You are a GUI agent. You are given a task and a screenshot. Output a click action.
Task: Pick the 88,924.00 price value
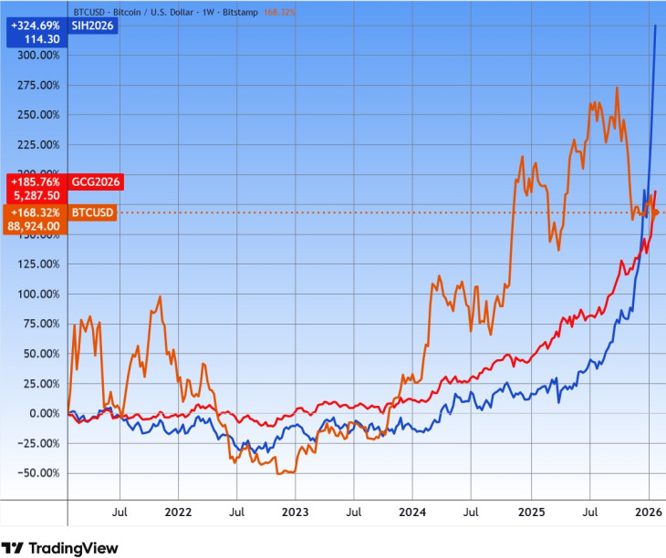click(33, 226)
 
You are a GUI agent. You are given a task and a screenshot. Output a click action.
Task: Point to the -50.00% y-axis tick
click(38, 473)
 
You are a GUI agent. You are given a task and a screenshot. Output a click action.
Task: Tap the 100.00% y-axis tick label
click(38, 294)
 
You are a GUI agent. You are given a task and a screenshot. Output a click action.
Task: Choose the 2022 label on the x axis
click(179, 512)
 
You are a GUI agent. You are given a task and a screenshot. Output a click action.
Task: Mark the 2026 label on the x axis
click(648, 512)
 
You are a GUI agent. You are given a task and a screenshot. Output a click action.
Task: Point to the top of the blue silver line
click(656, 26)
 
